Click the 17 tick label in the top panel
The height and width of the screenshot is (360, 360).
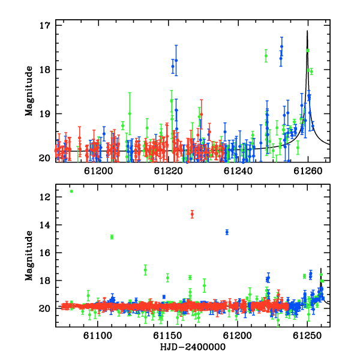point(44,25)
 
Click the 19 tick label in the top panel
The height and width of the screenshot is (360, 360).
point(44,113)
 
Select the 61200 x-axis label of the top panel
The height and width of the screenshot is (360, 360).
point(98,171)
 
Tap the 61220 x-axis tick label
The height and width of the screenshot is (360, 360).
point(168,171)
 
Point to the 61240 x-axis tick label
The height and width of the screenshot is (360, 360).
point(238,171)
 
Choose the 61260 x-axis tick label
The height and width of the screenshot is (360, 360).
point(308,171)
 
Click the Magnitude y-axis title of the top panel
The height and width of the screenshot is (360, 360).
point(29,91)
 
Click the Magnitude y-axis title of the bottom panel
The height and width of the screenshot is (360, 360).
point(29,256)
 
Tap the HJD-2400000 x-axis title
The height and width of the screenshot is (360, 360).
point(193,347)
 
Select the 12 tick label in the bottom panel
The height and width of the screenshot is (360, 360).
point(44,197)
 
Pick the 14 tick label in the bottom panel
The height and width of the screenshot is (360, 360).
point(44,225)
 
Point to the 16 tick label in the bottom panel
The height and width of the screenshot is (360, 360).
point(44,253)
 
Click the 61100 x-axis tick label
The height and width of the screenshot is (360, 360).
point(98,336)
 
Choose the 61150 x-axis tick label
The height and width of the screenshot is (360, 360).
point(167,336)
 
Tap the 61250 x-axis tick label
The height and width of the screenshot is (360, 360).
point(307,336)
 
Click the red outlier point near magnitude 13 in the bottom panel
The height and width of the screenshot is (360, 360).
point(192,214)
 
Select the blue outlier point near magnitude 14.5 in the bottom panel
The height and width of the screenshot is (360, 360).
point(227,232)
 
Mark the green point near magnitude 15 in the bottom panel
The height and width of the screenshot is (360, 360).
point(112,237)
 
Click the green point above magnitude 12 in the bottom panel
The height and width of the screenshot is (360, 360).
point(71,191)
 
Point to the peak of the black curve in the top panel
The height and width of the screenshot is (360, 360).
point(307,31)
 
